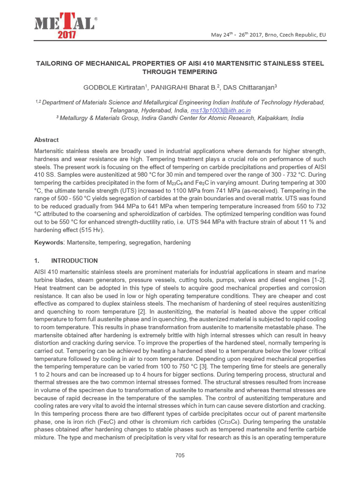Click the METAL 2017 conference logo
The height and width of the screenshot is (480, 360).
[x=64, y=27]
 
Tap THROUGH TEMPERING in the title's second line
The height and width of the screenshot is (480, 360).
[x=180, y=72]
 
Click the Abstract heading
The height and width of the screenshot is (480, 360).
[x=46, y=140]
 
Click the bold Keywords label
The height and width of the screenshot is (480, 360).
[x=50, y=242]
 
